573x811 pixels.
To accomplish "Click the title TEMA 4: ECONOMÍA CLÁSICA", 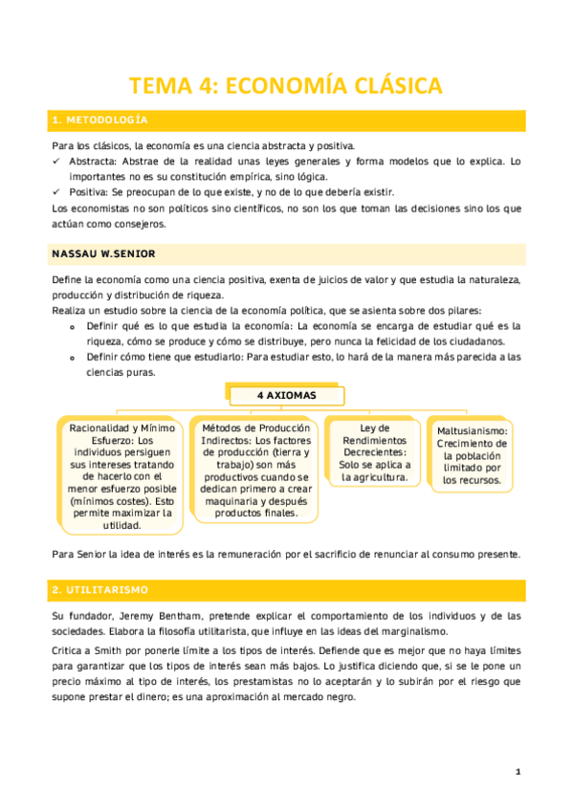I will [x=286, y=86].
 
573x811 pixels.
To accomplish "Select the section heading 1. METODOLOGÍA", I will [x=99, y=121].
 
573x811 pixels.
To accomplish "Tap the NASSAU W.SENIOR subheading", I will [x=102, y=254].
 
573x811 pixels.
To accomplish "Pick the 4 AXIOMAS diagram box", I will [x=286, y=395].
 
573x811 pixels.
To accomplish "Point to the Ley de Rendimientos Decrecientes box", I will [x=374, y=452].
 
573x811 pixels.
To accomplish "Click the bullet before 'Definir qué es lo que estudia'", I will [x=74, y=327].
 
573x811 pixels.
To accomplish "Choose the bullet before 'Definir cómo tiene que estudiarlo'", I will [x=74, y=358].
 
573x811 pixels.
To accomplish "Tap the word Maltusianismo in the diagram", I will [x=473, y=431].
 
